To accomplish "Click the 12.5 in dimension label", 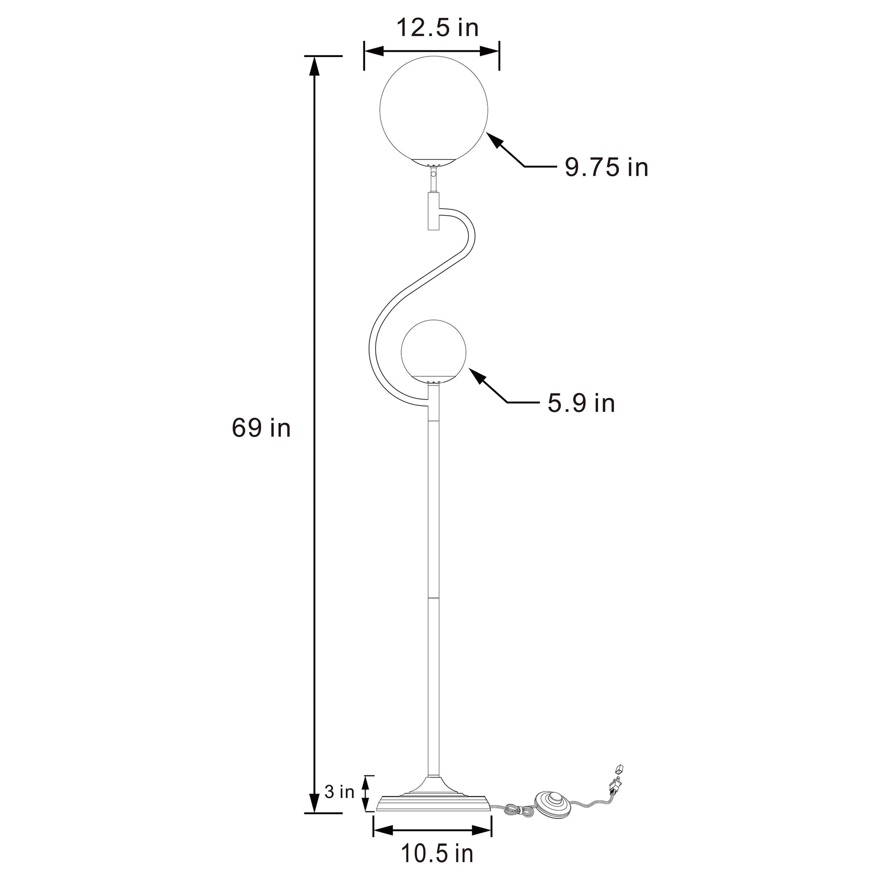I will (437, 28).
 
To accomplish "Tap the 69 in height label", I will (261, 427).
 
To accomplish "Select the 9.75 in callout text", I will (606, 167).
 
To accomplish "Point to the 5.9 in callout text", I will (581, 403).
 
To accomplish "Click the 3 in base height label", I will (340, 806).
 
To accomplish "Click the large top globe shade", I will (434, 110).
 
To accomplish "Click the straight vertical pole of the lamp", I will (433, 586).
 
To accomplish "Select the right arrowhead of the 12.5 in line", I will (490, 50).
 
